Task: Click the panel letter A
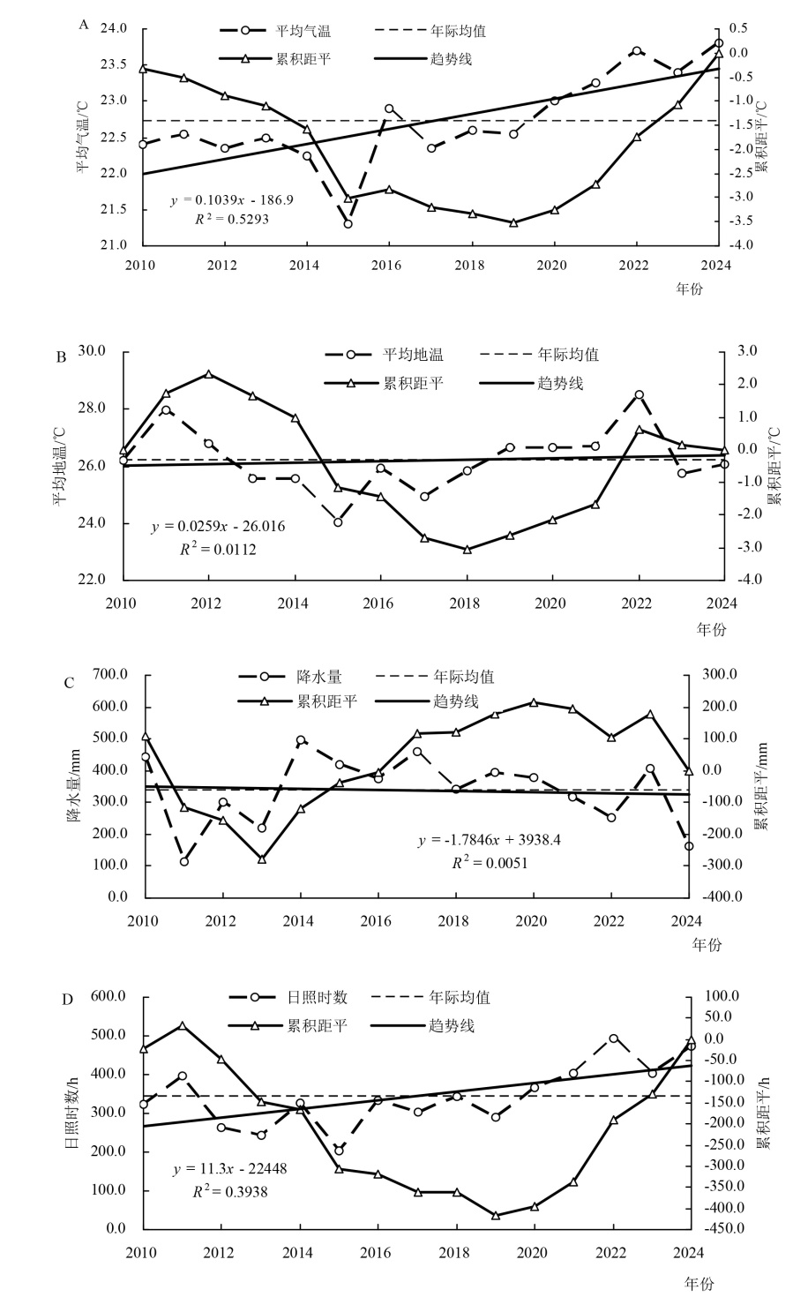pyautogui.click(x=84, y=25)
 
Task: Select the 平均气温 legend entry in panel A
pyautogui.click(x=310, y=31)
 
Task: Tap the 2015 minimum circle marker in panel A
pyautogui.click(x=348, y=224)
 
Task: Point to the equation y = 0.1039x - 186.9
pyautogui.click(x=232, y=200)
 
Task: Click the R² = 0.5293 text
pyautogui.click(x=232, y=219)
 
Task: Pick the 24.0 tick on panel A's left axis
pyautogui.click(x=115, y=29)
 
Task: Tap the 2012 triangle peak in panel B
pyautogui.click(x=209, y=374)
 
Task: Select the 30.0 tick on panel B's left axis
pyautogui.click(x=92, y=350)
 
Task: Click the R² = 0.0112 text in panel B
pyautogui.click(x=218, y=549)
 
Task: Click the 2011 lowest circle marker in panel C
pyautogui.click(x=184, y=861)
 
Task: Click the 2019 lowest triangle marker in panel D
pyautogui.click(x=496, y=1216)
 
